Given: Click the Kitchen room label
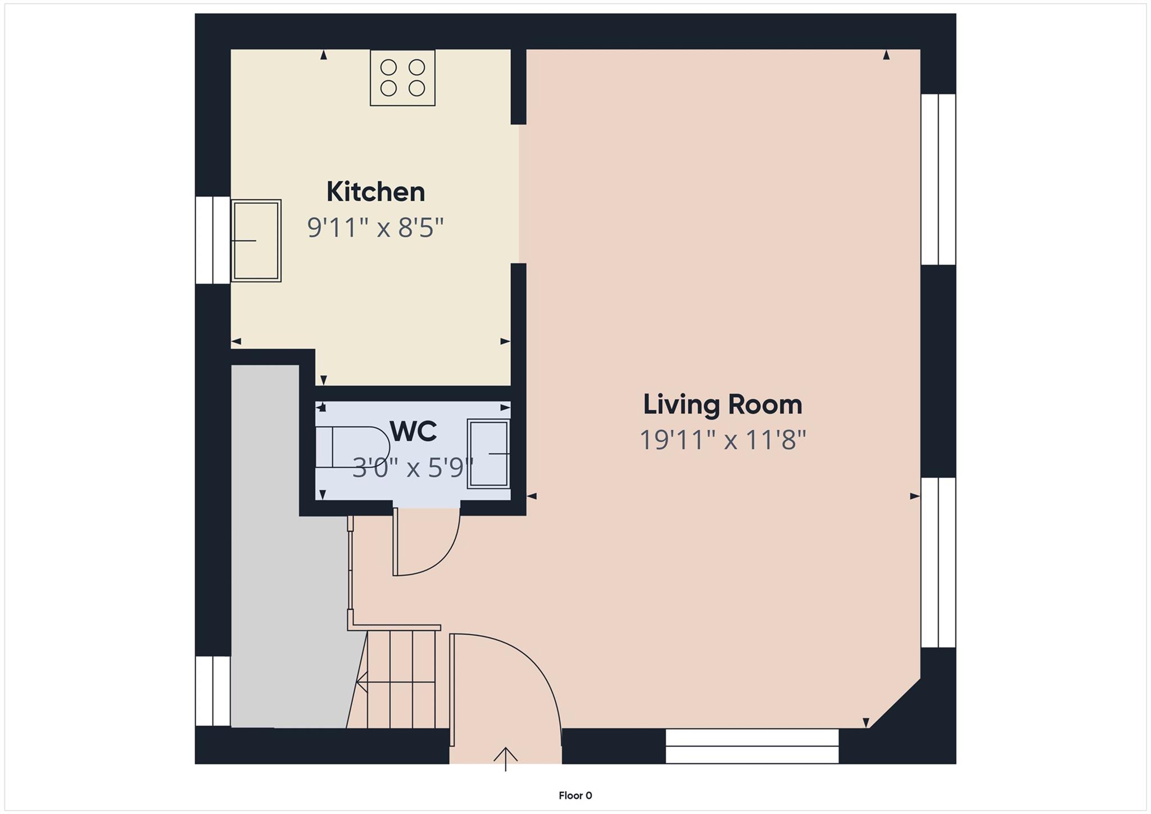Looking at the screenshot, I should [375, 192].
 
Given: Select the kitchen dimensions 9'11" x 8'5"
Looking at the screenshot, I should [375, 228].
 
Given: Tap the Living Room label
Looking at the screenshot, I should [722, 405].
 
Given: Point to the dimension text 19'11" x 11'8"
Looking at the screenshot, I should [723, 440].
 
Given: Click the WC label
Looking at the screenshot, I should [413, 432].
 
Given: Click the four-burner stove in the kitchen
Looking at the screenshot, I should [402, 78].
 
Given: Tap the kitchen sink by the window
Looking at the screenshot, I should [256, 241].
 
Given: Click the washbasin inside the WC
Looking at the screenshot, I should [488, 453].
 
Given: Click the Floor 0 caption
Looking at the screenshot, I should [575, 795].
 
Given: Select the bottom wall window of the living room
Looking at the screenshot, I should [752, 746].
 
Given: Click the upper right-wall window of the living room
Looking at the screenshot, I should [938, 179].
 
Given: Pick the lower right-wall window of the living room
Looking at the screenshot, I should [938, 562].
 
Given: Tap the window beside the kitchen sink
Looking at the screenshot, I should [212, 240].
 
